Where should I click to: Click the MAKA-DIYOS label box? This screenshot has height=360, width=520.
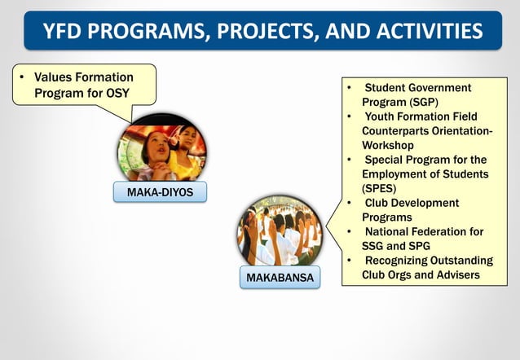[161, 191]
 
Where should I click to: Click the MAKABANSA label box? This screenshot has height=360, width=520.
[280, 279]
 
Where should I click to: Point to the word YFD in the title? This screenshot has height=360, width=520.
[68, 32]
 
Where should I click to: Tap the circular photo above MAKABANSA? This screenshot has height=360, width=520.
[280, 230]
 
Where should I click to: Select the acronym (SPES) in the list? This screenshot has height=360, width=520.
[381, 188]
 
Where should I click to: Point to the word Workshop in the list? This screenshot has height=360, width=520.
[388, 145]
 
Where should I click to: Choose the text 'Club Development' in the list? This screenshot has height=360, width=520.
[412, 203]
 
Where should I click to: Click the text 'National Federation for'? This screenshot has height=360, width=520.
[423, 232]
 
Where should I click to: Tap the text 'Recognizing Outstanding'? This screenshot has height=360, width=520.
[428, 261]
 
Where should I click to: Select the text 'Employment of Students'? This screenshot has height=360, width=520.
[425, 174]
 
